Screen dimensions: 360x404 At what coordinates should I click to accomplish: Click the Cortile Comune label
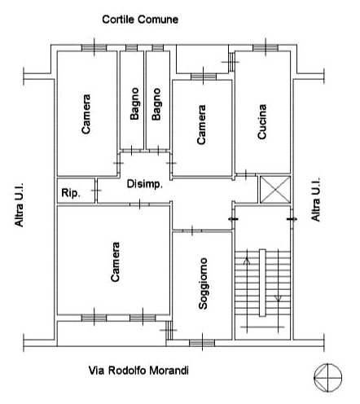pos(140,20)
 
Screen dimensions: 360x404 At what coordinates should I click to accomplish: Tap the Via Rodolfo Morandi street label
pos(138,371)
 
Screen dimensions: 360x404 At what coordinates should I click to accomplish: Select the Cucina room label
pos(262,121)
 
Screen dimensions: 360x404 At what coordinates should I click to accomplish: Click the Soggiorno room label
pos(203,283)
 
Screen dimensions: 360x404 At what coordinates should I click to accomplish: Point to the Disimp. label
pos(145,184)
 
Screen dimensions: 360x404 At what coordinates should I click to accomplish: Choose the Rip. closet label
pos(71,193)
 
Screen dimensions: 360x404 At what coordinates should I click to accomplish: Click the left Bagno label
pos(134,103)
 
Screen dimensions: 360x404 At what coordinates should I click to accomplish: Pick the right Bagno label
pos(156,104)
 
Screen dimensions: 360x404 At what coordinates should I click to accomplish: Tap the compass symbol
pos(327,378)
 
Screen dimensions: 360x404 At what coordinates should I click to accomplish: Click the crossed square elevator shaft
pos(275,190)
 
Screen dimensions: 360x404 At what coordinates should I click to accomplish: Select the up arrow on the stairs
pos(247,261)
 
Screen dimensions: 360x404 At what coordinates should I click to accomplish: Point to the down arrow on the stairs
pos(278,298)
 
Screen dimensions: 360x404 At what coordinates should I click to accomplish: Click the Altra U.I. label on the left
pos(19,204)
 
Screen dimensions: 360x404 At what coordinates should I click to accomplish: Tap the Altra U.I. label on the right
pos(315,200)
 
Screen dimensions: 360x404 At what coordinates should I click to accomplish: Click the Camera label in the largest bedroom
pos(115,261)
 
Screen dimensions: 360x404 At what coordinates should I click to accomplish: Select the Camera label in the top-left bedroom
pos(86,114)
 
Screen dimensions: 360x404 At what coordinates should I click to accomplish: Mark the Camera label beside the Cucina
pos(201,125)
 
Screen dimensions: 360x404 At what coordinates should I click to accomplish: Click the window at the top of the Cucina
pos(266,48)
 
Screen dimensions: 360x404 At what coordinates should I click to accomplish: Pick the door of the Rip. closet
pos(96,191)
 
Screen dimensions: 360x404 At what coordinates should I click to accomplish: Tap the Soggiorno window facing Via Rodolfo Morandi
pos(202,343)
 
